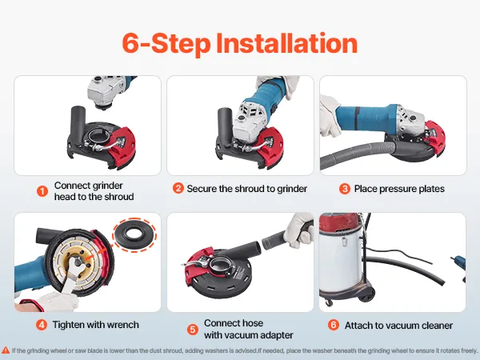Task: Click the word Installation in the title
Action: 287,43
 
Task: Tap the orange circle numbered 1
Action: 42,191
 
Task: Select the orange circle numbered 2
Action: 178,188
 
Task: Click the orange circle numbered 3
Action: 345,189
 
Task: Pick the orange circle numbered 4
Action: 42,325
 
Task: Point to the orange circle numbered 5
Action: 193,330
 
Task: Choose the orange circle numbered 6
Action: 334,325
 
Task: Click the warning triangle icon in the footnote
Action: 6,350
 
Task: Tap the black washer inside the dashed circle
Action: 134,235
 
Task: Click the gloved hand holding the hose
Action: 298,230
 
